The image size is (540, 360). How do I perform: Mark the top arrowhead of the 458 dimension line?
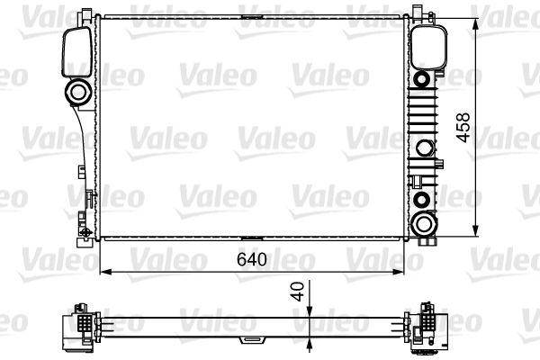pos(475,20)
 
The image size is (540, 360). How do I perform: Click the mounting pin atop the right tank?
pos(418,11)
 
